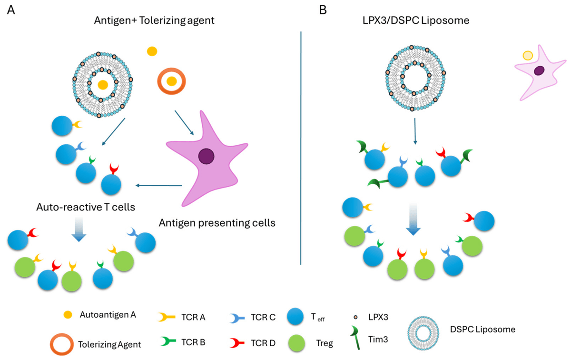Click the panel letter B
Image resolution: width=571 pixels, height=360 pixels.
pyautogui.click(x=323, y=10)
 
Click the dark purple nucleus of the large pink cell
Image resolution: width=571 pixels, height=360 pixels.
pyautogui.click(x=206, y=156)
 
